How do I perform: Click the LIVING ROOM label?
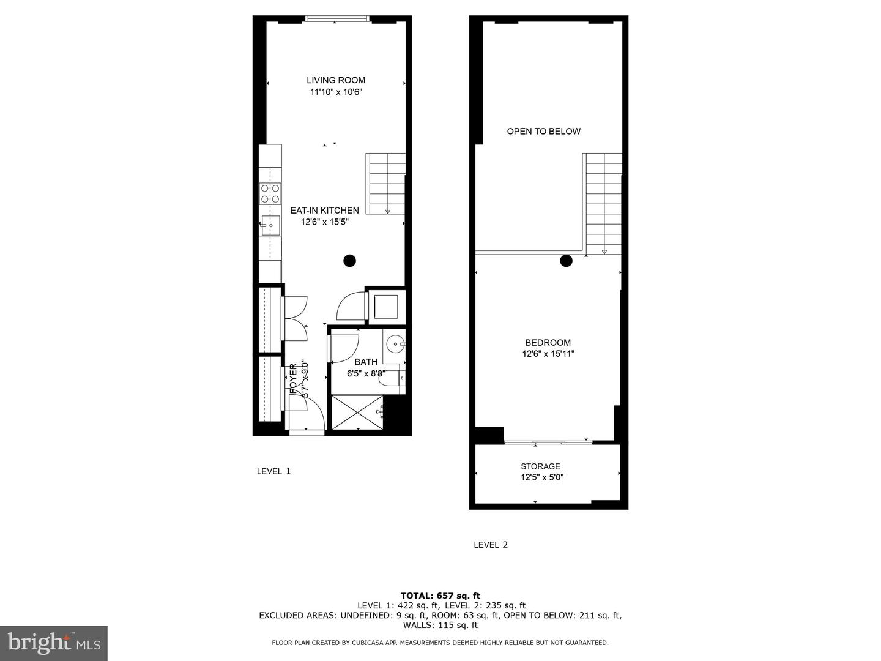coord(336,80)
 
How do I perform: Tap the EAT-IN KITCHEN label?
coord(324,211)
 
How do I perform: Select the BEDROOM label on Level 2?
coord(548,343)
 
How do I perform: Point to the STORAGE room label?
coord(540,466)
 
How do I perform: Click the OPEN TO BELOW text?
coord(543,131)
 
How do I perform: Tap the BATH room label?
coord(366,362)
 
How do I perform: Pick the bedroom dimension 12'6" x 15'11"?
coord(548,354)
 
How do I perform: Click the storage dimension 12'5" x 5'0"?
coord(541,477)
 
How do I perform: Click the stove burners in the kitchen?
coord(270,193)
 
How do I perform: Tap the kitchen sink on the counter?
coord(270,226)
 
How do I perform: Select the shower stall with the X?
coord(357,412)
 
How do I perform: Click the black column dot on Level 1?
coord(349,261)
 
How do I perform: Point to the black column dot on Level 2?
coord(566,261)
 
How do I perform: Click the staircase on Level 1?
coord(386,184)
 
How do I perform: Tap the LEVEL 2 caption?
coord(491,545)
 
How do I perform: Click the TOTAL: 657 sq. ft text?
coord(440,596)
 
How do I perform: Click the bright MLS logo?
coord(54,643)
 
